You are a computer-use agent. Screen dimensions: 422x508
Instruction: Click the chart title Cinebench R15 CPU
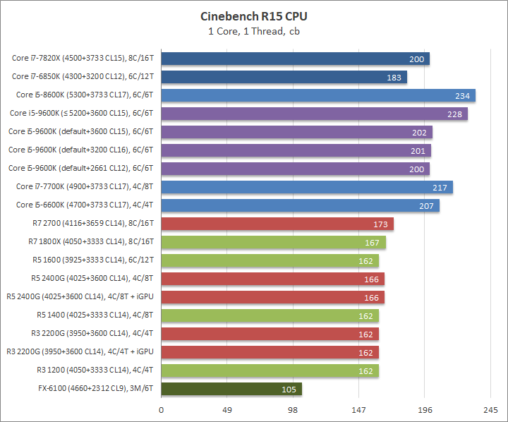[253, 16]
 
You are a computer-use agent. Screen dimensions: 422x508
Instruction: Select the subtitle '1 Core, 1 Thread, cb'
[253, 30]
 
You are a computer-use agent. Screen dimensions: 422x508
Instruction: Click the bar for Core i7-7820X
[295, 59]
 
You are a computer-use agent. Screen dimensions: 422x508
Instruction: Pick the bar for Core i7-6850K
[284, 77]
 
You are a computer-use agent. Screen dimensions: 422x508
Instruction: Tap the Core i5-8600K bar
[318, 95]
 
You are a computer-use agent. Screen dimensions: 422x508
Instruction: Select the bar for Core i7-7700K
[307, 187]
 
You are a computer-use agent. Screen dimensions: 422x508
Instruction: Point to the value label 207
[428, 205]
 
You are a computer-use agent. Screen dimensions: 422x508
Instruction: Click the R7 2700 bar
[277, 224]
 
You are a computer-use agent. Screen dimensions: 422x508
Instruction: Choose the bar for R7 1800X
[273, 242]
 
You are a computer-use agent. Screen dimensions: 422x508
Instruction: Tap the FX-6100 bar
[231, 389]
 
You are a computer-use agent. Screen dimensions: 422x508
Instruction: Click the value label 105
[290, 389]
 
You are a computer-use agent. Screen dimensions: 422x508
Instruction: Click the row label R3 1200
[95, 370]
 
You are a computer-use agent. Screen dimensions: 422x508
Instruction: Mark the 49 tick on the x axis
[227, 409]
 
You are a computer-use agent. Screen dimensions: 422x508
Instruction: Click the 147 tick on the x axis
[358, 409]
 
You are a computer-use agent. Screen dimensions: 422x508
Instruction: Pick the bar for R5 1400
[270, 315]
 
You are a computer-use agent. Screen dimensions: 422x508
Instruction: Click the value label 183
[395, 77]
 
